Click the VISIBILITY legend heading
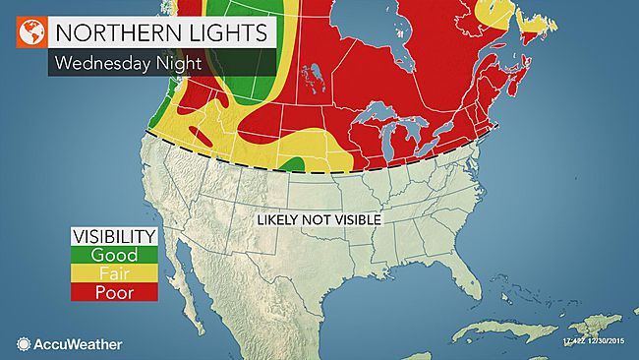[x=114, y=236]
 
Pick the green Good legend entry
[x=114, y=255]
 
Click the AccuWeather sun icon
[x=24, y=343]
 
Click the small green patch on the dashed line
[x=294, y=162]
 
